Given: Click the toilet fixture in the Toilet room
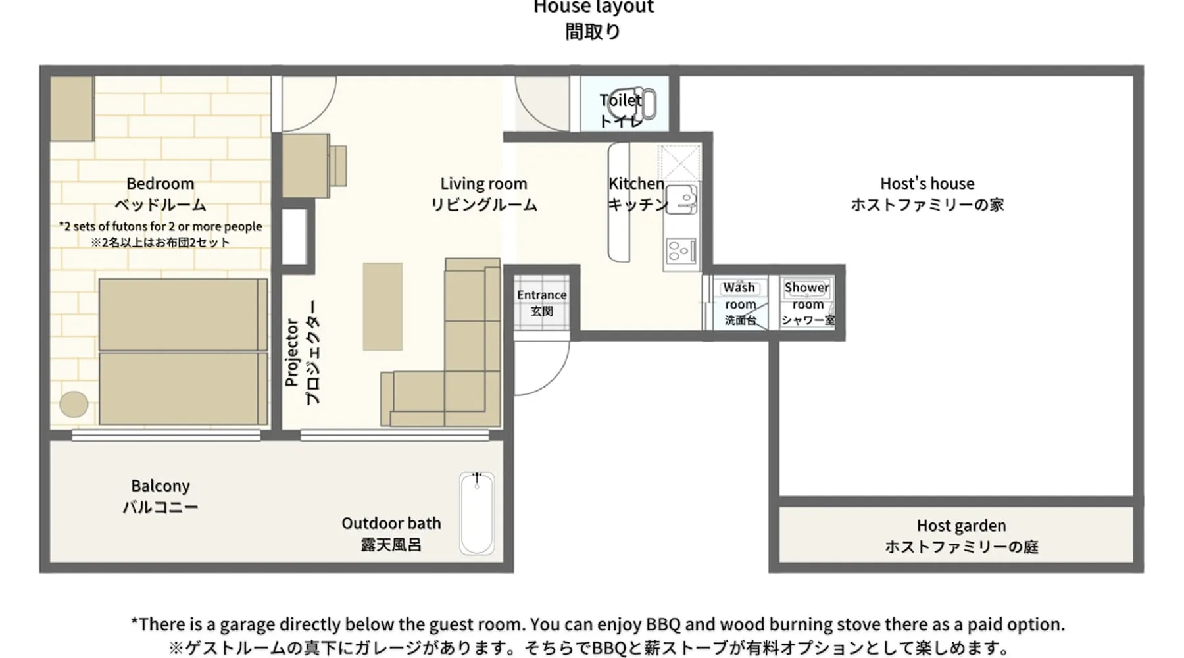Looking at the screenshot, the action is click(x=632, y=104).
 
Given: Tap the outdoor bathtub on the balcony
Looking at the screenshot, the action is click(x=477, y=513).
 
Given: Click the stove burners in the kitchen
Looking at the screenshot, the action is click(x=679, y=251).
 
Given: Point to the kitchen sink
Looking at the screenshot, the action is click(x=681, y=199).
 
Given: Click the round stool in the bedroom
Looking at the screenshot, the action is click(x=74, y=404).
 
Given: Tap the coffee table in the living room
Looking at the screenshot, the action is click(x=382, y=307).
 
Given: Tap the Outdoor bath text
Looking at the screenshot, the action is click(x=391, y=524).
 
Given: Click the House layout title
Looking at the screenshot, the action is click(x=593, y=7).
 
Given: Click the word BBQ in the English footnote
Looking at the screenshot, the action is click(x=662, y=624).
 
